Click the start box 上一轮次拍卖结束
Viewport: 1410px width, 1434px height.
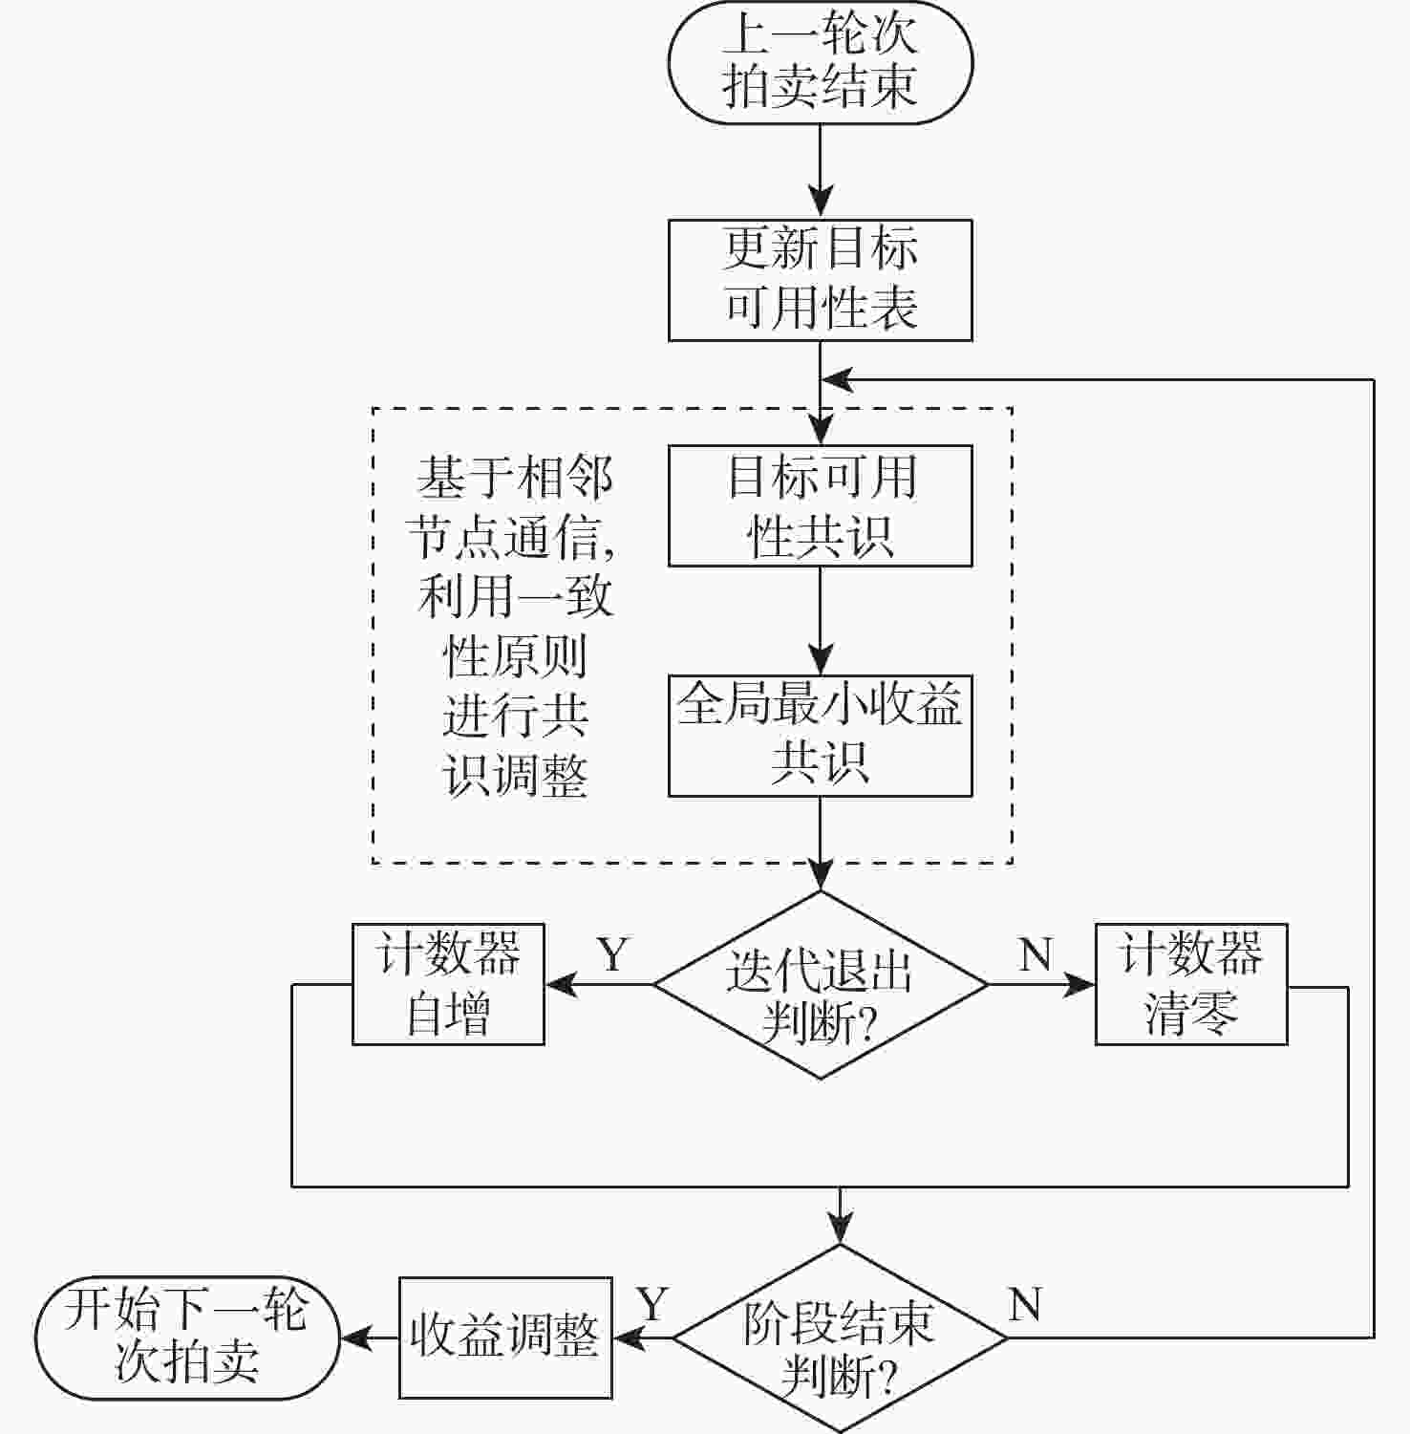coord(820,62)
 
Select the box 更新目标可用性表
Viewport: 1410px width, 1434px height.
coord(820,280)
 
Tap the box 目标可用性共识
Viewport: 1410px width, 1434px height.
coord(820,505)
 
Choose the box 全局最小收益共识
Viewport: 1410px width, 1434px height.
coord(820,736)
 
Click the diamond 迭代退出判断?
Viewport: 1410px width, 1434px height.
coord(820,985)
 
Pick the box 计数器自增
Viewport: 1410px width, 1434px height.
coord(448,984)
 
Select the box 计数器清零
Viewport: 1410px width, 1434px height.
coord(1190,984)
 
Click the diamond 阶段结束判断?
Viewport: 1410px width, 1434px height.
coord(840,1338)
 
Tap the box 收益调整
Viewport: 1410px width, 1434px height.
coord(504,1338)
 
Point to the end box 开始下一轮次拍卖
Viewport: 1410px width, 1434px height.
coord(187,1338)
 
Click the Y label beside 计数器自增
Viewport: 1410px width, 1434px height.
coord(613,954)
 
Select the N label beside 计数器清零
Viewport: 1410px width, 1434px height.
coord(1036,954)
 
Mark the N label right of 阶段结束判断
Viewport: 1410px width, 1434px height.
coord(1025,1304)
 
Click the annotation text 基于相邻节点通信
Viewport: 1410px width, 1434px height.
coord(514,506)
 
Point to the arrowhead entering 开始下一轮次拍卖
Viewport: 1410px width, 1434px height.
coord(355,1338)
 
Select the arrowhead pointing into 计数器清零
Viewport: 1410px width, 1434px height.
coord(1081,985)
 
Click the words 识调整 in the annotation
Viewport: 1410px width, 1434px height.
coord(515,776)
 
